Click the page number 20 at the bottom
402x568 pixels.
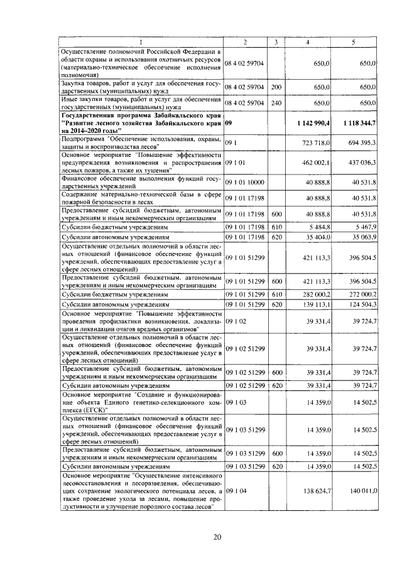click(218, 537)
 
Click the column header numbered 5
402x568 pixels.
click(354, 41)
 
